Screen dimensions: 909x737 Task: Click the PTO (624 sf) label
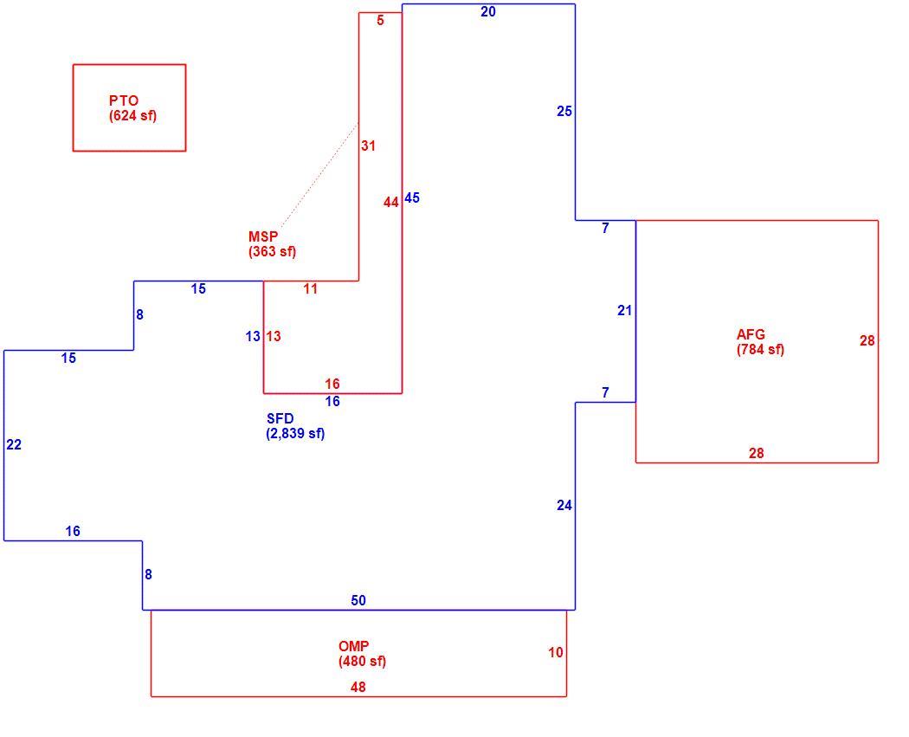tap(132, 108)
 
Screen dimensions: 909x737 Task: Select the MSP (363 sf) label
tap(272, 244)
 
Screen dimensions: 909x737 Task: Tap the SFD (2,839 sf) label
tap(296, 426)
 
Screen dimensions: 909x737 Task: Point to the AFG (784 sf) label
tap(760, 342)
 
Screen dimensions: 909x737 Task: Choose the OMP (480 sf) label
tap(363, 654)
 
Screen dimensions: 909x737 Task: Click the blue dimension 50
tap(358, 601)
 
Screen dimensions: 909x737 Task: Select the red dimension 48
tap(358, 687)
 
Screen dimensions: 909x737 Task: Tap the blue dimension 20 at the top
tap(488, 11)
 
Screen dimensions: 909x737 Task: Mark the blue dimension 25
tap(564, 112)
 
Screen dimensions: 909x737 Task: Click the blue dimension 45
tap(412, 197)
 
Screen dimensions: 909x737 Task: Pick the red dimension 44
tap(391, 203)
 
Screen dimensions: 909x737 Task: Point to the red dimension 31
tap(368, 146)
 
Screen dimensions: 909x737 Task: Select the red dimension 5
tap(380, 20)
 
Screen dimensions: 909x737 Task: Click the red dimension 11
tap(311, 288)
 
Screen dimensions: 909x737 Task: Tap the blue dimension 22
tap(14, 445)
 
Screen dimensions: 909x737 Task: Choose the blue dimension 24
tap(564, 506)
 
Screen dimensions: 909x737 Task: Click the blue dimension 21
tap(624, 311)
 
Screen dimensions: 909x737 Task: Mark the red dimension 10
tap(556, 653)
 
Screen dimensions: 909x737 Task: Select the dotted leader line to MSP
tap(319, 175)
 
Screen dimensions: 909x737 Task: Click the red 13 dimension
tap(274, 336)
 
